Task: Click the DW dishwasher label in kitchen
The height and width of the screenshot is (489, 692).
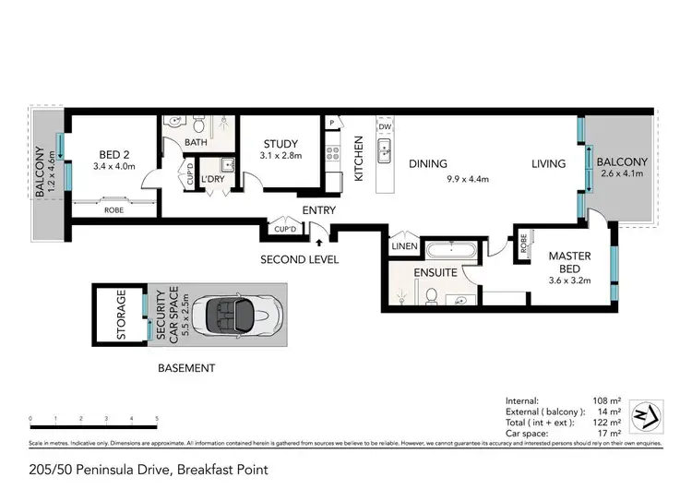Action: pos(385,128)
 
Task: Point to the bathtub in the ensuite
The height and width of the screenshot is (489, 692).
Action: pos(450,250)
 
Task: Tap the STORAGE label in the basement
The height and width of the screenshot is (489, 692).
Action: pos(121,316)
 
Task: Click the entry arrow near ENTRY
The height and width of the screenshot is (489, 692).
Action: pos(319,243)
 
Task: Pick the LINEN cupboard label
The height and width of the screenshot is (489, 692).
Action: pos(403,245)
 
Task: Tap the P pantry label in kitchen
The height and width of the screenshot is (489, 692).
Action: pos(330,123)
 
